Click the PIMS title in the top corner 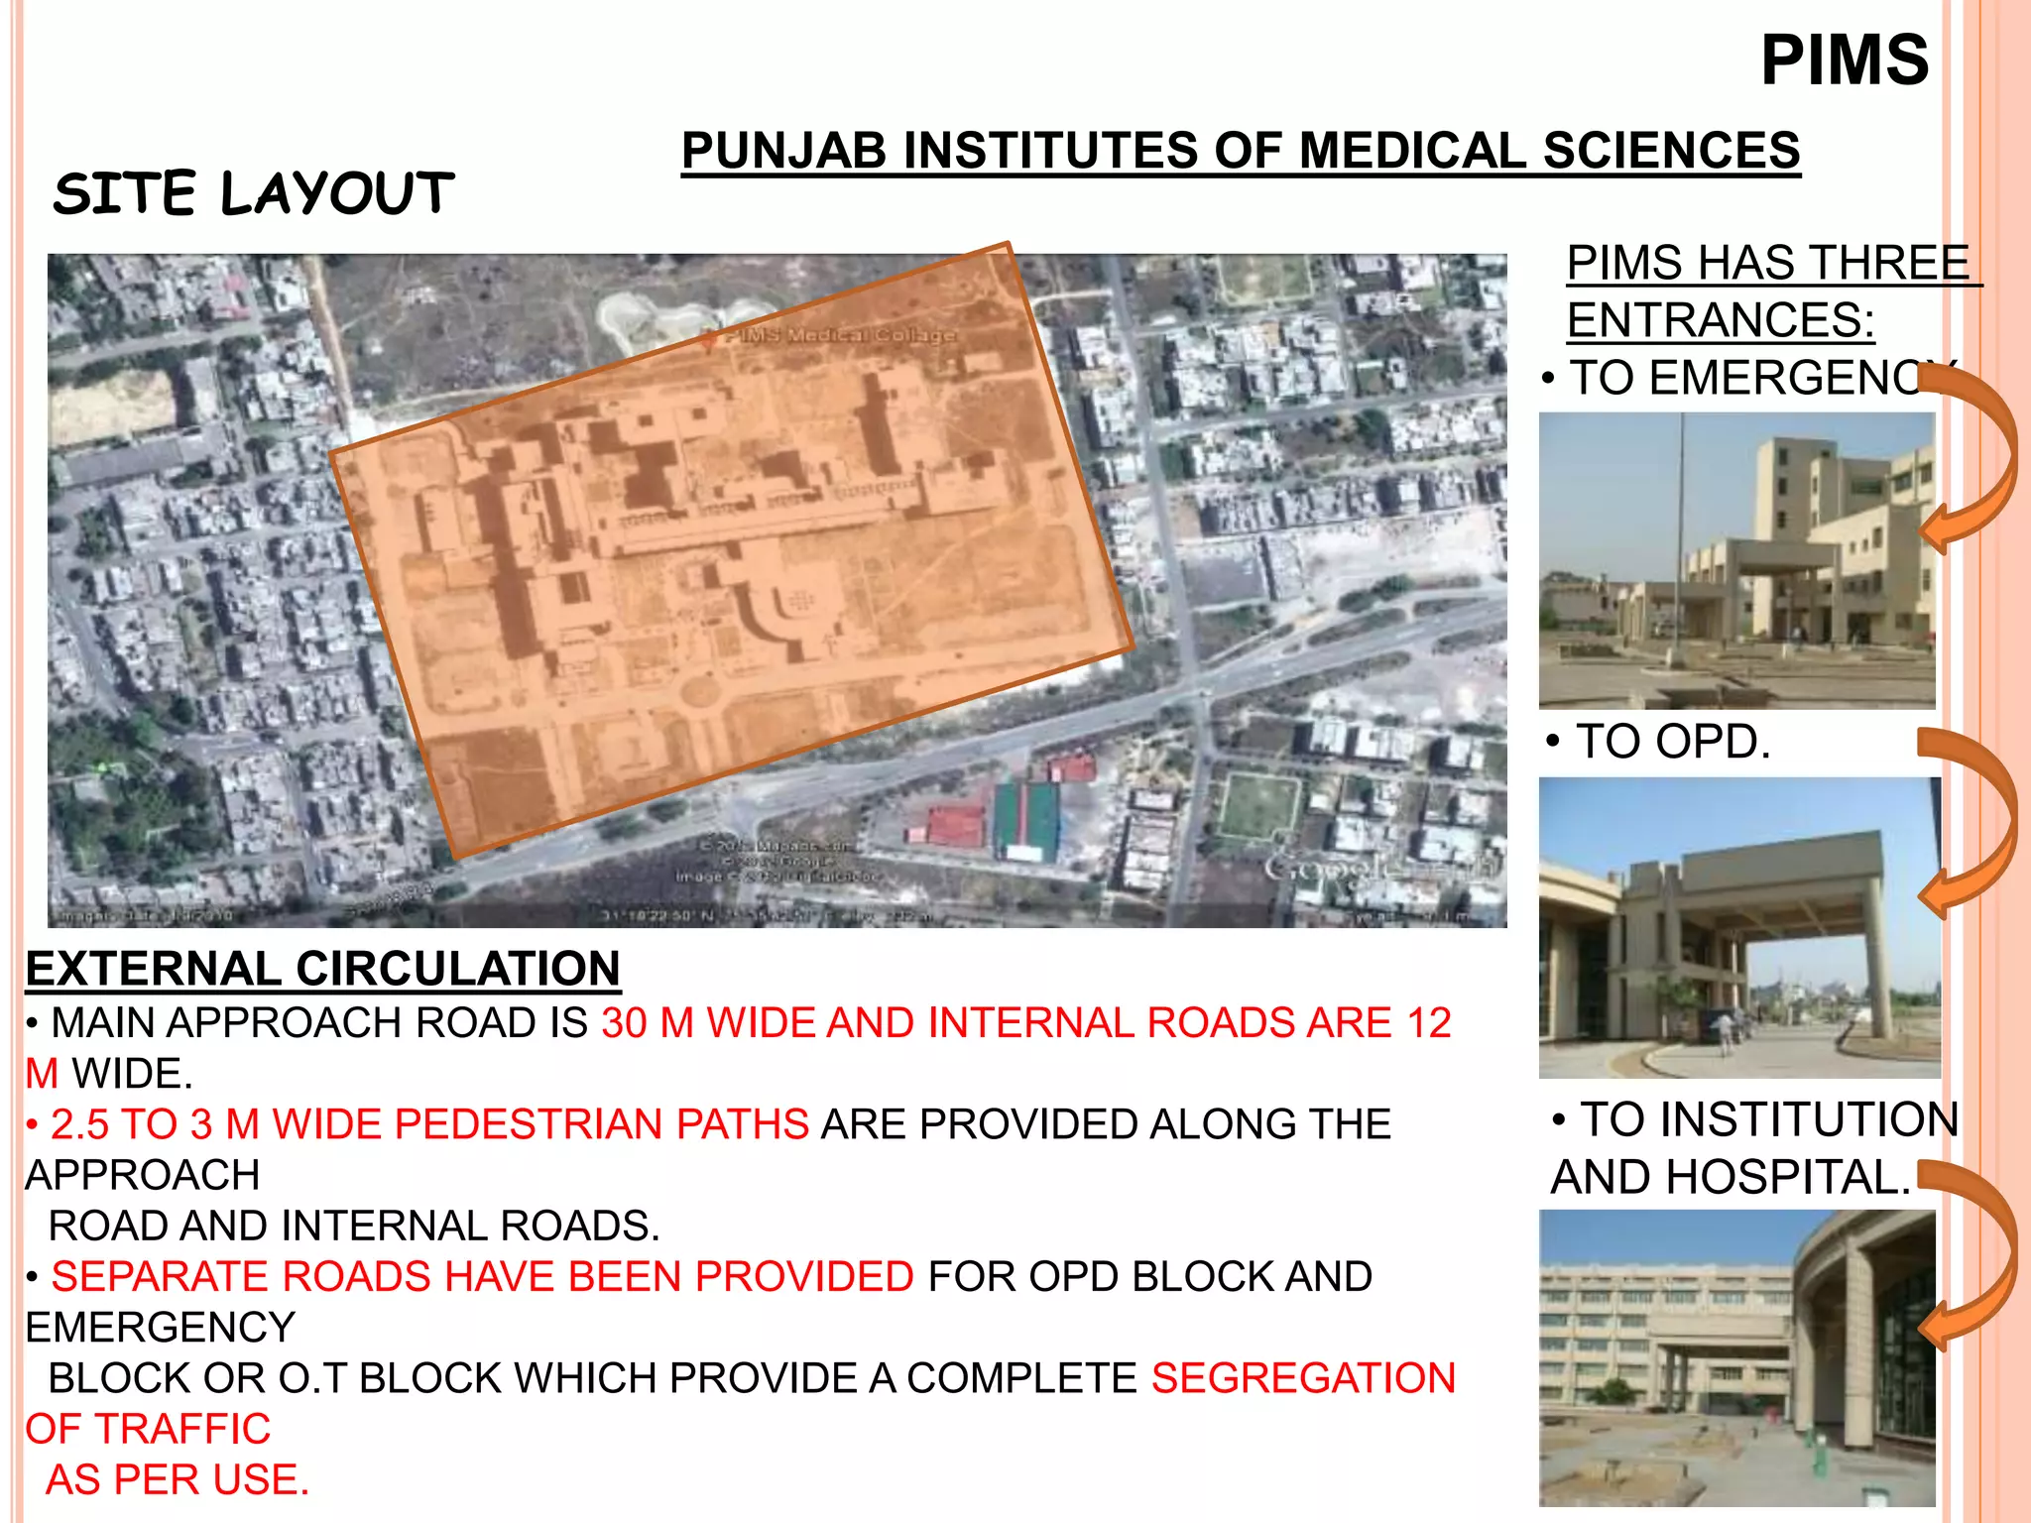1844,60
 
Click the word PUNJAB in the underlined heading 783,152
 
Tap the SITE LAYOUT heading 254,192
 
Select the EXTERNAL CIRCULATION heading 323,969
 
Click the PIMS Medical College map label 839,335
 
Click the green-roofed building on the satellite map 1026,817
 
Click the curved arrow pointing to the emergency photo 1973,456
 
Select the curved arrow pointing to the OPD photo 1973,823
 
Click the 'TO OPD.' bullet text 1672,742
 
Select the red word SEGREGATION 1303,1378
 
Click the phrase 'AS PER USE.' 179,1479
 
